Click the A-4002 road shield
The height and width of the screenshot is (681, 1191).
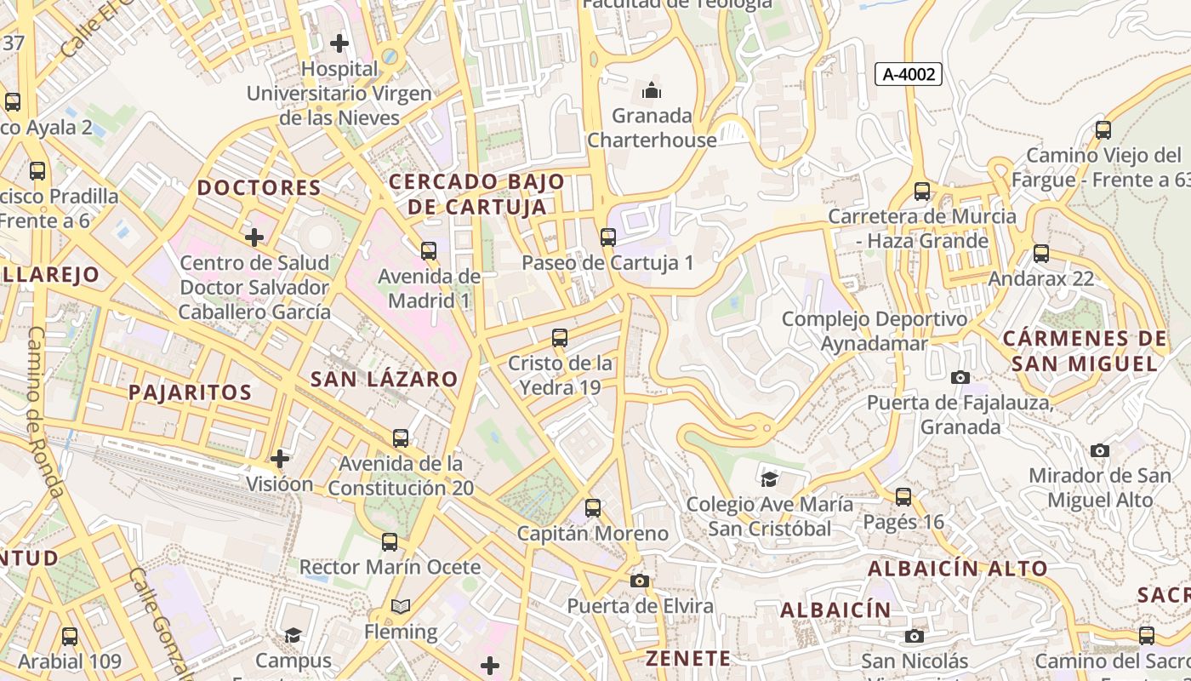coord(909,74)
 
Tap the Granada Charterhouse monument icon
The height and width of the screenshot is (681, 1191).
coord(652,89)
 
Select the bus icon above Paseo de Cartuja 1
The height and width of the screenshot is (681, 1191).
coord(607,237)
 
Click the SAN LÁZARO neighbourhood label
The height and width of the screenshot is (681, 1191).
coord(384,380)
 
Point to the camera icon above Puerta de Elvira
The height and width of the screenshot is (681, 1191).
coord(640,581)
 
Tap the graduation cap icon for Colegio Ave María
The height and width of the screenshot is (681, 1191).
coord(769,479)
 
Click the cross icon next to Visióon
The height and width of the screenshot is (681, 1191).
coord(280,459)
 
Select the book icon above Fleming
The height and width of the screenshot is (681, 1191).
coord(401,607)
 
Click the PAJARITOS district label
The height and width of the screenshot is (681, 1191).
coord(190,392)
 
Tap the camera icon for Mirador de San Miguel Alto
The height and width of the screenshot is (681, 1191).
coord(1100,450)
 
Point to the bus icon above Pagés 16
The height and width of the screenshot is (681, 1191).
coord(903,496)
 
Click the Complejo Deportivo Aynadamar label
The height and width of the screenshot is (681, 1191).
coord(874,331)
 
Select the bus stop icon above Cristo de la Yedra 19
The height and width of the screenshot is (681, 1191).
coord(560,338)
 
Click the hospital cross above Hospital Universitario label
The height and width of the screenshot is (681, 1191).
coord(339,43)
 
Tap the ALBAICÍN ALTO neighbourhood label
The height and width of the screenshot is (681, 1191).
coord(958,569)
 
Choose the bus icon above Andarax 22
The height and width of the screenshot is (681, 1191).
coord(1040,254)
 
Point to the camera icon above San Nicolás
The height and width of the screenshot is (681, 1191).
coord(915,636)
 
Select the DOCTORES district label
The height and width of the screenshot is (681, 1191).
coord(259,188)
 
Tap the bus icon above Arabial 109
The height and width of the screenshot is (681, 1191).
coord(70,636)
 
